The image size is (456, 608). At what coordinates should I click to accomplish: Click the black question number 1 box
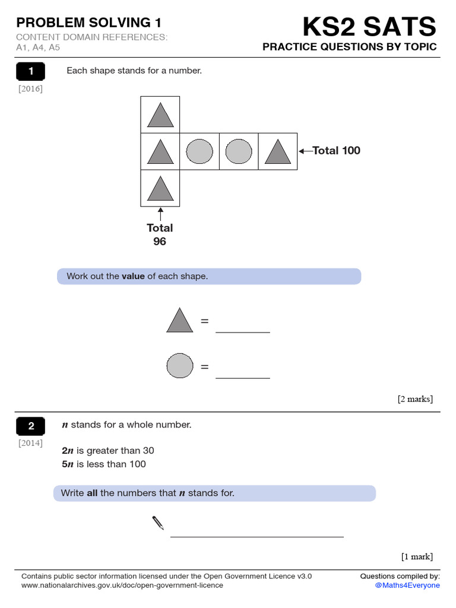click(31, 72)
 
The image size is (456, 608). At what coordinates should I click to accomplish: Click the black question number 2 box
click(31, 426)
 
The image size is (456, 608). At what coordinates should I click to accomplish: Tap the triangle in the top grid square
click(160, 115)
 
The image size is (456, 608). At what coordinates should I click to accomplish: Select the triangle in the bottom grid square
click(160, 188)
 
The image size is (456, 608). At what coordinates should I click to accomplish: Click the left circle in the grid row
click(199, 151)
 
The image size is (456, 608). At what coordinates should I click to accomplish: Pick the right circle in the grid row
click(239, 151)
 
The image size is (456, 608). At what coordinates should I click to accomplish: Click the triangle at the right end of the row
click(277, 151)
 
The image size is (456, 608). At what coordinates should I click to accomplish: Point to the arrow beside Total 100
click(305, 151)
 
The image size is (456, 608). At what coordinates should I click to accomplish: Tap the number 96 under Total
click(160, 242)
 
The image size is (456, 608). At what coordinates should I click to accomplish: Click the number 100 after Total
click(351, 151)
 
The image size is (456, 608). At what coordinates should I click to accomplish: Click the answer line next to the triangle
click(242, 331)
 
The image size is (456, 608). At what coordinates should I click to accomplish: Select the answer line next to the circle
click(242, 377)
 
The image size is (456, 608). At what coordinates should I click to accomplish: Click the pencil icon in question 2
click(158, 522)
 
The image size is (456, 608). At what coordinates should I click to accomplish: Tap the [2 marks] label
click(415, 399)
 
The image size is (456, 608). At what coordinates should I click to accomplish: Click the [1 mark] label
click(417, 556)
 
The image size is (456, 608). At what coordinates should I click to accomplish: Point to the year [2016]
click(30, 89)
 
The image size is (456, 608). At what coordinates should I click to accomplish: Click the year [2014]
click(30, 443)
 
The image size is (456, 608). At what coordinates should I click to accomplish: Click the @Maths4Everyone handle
click(407, 585)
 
